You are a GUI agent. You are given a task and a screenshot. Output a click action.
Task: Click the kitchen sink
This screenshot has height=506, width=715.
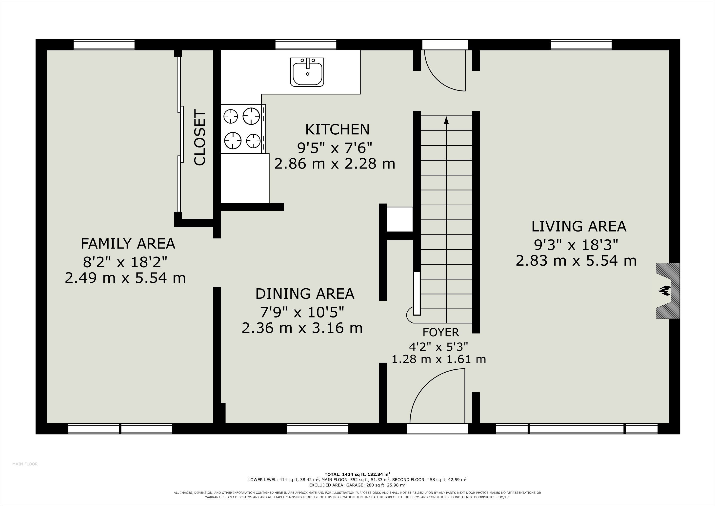[307, 72]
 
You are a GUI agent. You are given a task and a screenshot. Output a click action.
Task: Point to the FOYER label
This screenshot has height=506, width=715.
[441, 333]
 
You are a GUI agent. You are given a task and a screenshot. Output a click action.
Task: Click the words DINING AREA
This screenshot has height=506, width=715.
[305, 294]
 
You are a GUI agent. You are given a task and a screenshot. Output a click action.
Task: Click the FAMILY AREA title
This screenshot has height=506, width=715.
[128, 244]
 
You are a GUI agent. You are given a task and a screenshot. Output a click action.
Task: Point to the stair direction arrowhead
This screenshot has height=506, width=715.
[446, 120]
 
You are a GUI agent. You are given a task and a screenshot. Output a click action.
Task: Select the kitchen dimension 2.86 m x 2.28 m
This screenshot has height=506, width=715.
[335, 164]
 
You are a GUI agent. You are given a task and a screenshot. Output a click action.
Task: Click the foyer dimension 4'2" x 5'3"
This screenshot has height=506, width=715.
[438, 346]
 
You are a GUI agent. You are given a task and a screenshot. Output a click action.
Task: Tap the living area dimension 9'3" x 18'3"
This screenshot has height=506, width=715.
[576, 245]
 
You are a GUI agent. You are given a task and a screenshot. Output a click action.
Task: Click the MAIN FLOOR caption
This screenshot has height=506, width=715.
[25, 473]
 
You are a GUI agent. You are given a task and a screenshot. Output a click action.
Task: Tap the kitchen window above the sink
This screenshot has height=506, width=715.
[306, 44]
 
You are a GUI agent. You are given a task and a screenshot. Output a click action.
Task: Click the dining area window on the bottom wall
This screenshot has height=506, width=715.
[317, 429]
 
